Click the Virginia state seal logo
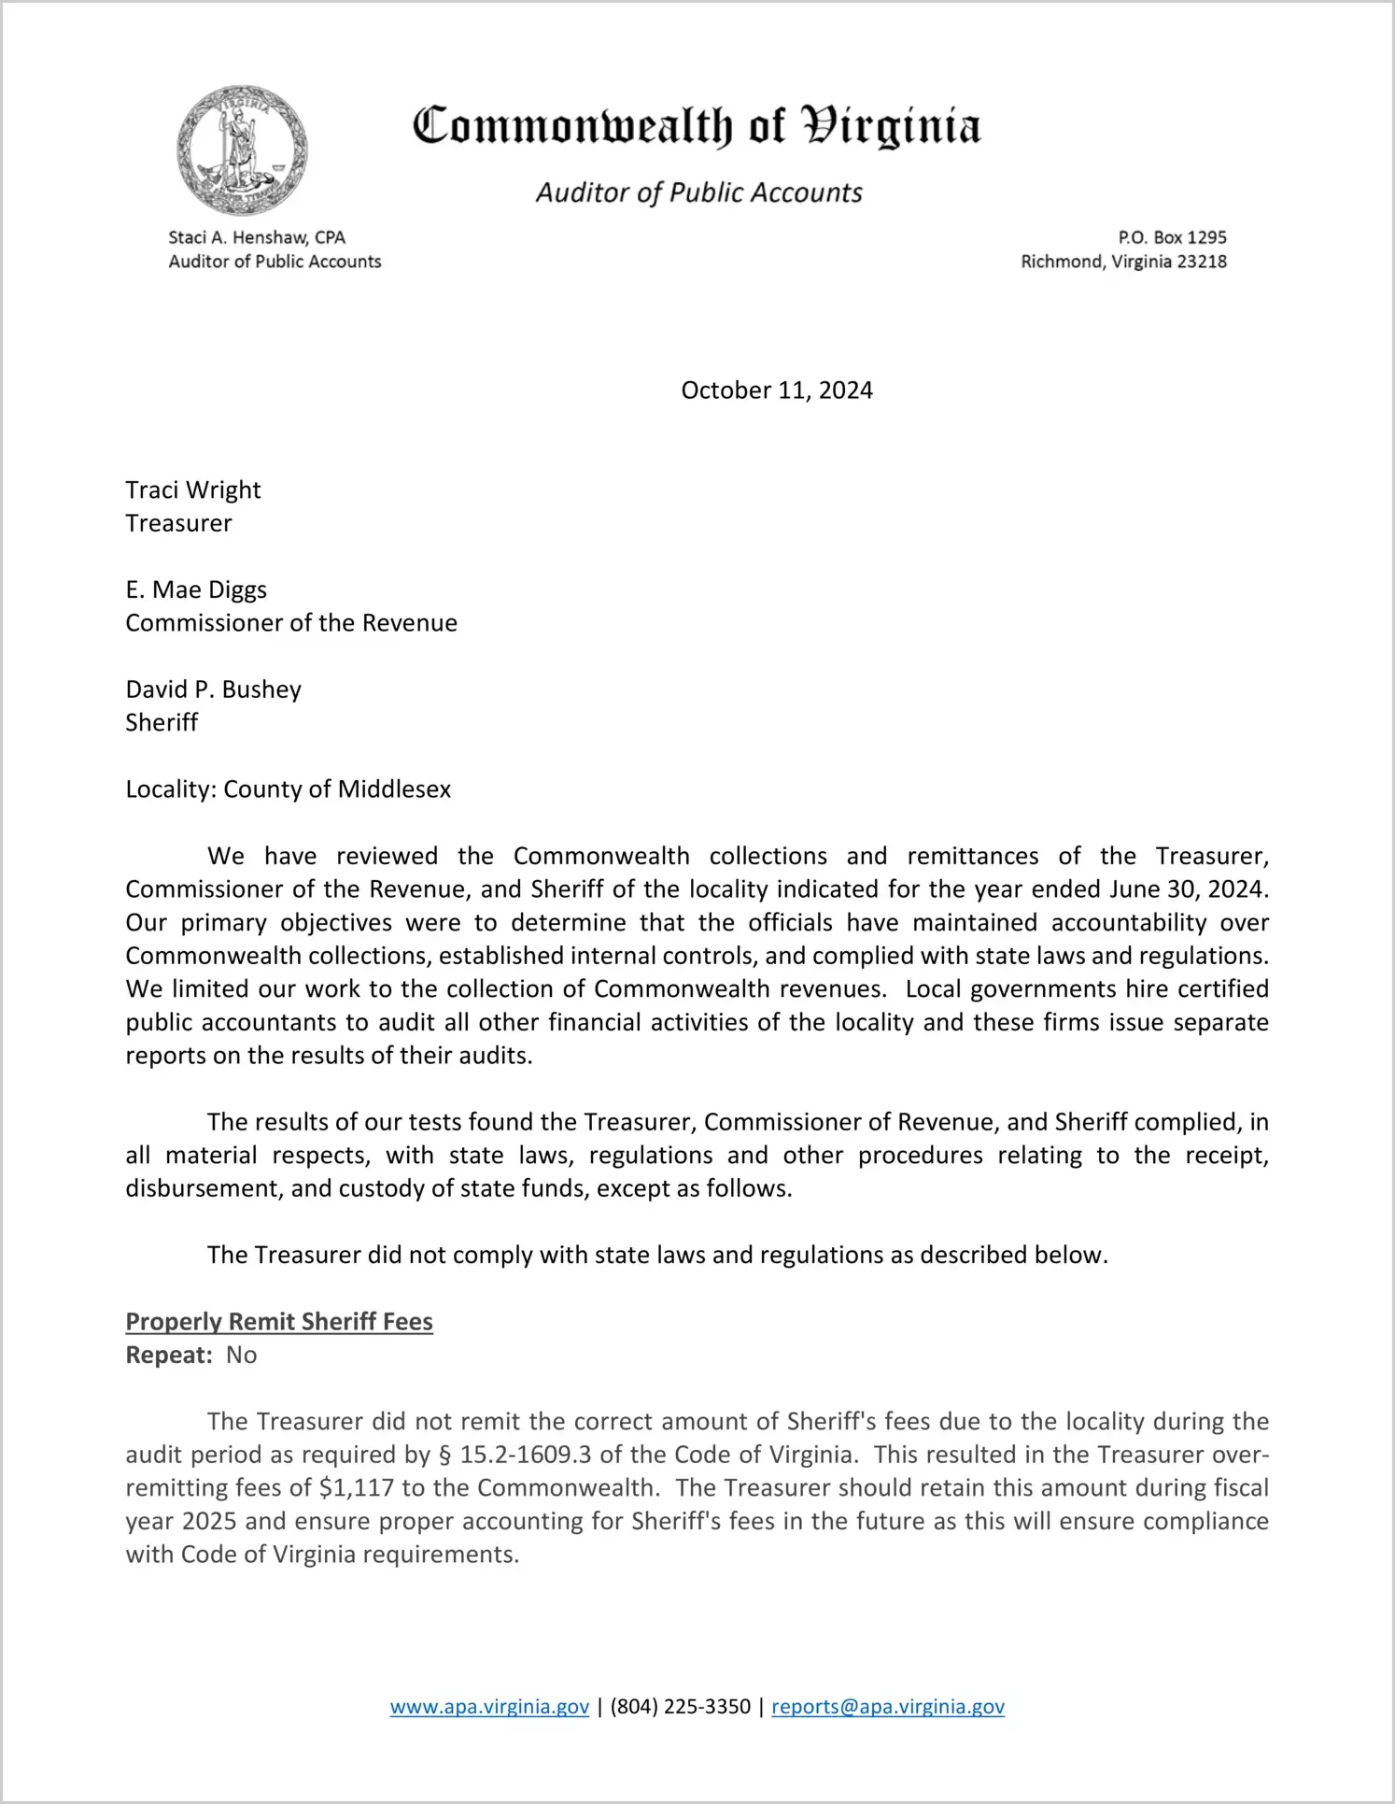[242, 150]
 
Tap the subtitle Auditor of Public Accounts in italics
[698, 192]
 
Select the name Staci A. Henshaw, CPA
[257, 237]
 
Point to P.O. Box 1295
[1172, 237]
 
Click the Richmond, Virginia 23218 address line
[1123, 262]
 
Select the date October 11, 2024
[776, 391]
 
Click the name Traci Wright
[193, 490]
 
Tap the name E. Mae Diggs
[196, 589]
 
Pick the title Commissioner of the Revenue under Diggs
[291, 623]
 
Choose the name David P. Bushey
[214, 689]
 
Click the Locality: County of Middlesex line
[288, 789]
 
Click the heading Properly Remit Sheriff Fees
[279, 1322]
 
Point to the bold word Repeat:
[169, 1356]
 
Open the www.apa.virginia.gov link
[489, 1707]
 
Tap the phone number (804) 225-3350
[680, 1707]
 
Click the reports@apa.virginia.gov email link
[887, 1707]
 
